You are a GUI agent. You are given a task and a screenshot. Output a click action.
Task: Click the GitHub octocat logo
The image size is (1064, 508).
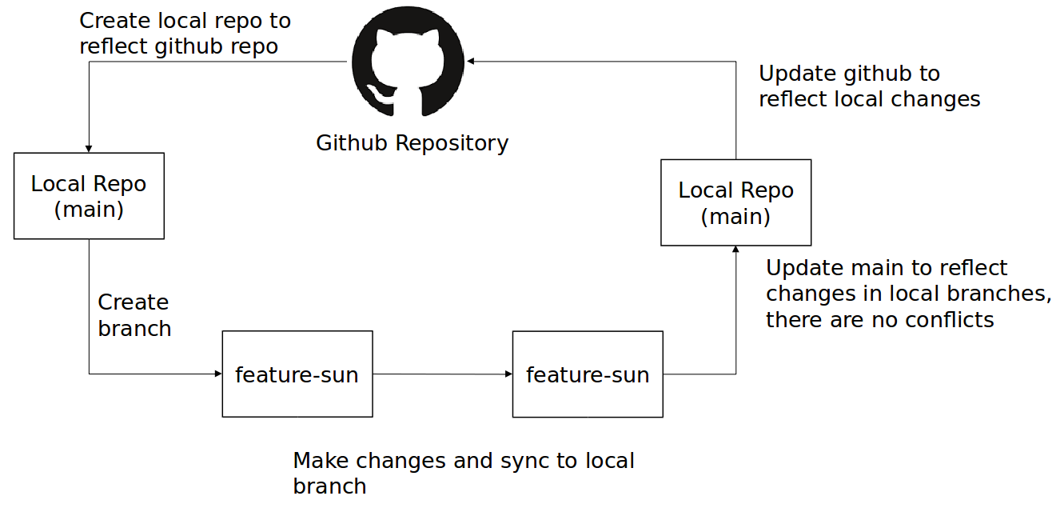[408, 62]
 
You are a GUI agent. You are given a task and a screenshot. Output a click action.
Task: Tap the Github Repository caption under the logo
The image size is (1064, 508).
[412, 143]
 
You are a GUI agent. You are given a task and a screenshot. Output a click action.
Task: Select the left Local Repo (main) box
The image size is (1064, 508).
[89, 196]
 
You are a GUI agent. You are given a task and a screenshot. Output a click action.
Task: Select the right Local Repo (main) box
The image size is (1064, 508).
[735, 202]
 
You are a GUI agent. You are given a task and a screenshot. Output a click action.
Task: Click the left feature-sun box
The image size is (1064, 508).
[297, 374]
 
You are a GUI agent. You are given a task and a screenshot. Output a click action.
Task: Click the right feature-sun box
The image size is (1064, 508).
[587, 374]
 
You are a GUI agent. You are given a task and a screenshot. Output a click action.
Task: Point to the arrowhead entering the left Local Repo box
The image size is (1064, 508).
[89, 148]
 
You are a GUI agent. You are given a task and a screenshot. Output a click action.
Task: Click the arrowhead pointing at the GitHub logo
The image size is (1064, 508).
[472, 62]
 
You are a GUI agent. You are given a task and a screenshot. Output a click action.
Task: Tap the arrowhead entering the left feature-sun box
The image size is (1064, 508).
[217, 374]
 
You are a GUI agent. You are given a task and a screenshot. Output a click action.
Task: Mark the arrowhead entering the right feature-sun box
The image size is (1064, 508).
[508, 374]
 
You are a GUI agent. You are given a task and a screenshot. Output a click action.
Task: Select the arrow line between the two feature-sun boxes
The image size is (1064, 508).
[441, 374]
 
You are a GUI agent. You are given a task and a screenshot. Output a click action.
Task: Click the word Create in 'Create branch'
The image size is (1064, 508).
[133, 302]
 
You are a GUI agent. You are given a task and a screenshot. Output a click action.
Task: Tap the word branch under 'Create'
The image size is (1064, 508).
[134, 329]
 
